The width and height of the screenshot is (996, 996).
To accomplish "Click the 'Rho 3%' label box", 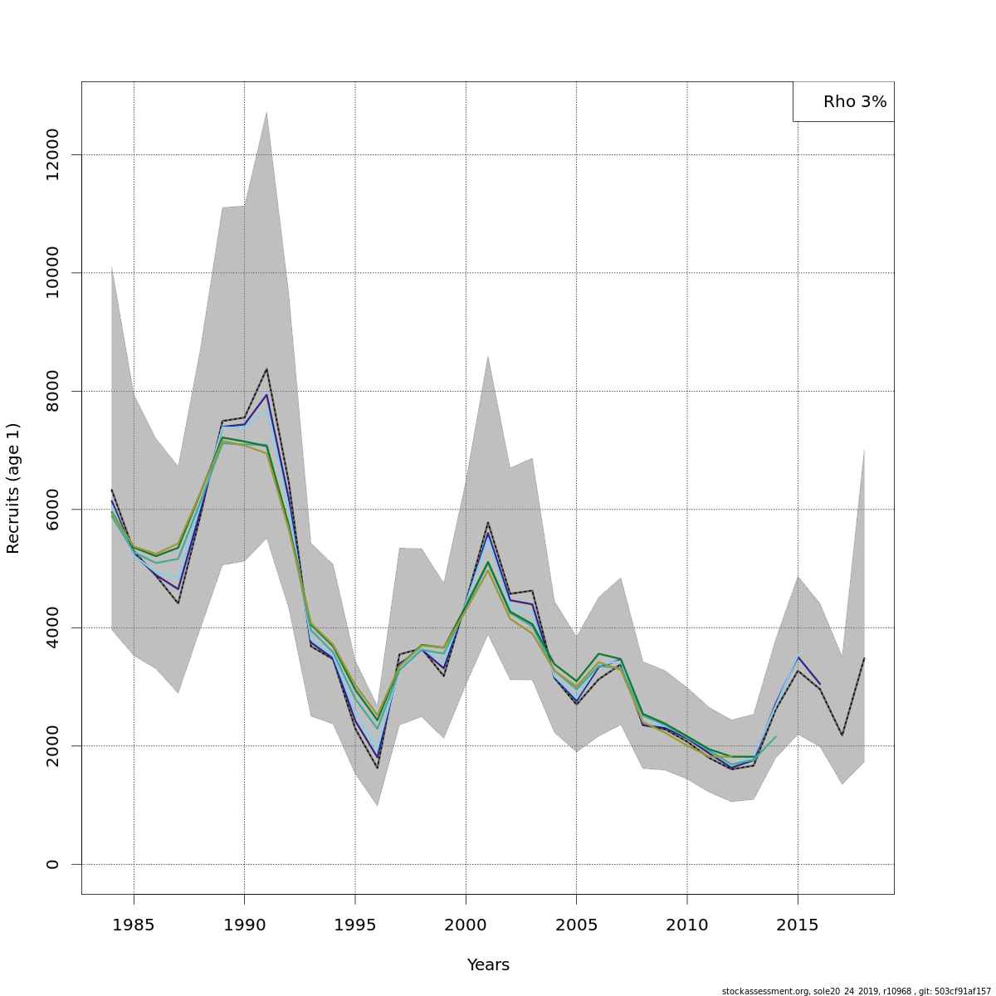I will [844, 102].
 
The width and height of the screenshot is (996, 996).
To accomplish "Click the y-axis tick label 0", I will [53, 864].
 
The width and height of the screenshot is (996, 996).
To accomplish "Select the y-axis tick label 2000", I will [53, 745].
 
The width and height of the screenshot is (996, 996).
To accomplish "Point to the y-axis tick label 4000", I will [53, 627].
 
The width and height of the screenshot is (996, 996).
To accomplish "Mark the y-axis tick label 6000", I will [53, 509].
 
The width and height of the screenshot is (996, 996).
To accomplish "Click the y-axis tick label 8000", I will [53, 391].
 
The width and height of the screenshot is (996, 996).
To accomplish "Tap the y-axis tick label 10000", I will [53, 272].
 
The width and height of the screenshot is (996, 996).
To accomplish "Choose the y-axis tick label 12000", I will [53, 154].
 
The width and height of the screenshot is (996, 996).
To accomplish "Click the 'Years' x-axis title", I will [488, 965].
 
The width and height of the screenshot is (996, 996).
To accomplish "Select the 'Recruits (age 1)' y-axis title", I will [13, 488].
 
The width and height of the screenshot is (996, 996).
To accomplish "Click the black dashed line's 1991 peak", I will [266, 369].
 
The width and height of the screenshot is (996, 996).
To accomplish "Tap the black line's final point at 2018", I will [864, 658].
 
